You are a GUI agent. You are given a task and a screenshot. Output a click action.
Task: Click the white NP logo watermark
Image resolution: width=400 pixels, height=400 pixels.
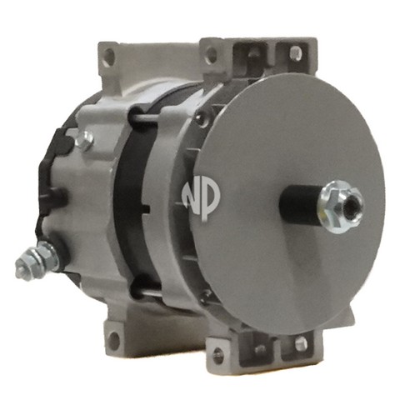point(201,199)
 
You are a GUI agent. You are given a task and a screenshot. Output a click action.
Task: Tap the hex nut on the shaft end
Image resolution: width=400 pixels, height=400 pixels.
point(340,207)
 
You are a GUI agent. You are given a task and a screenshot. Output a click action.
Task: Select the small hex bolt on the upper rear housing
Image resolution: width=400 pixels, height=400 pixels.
point(84,142)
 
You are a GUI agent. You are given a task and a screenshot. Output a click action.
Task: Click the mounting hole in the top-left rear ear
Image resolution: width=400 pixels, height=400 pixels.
point(111,56)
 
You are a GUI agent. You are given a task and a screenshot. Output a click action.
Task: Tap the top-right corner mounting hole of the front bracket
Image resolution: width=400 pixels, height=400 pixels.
point(296,52)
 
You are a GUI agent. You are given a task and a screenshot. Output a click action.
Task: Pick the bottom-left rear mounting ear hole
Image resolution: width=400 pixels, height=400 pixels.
point(114,340)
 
